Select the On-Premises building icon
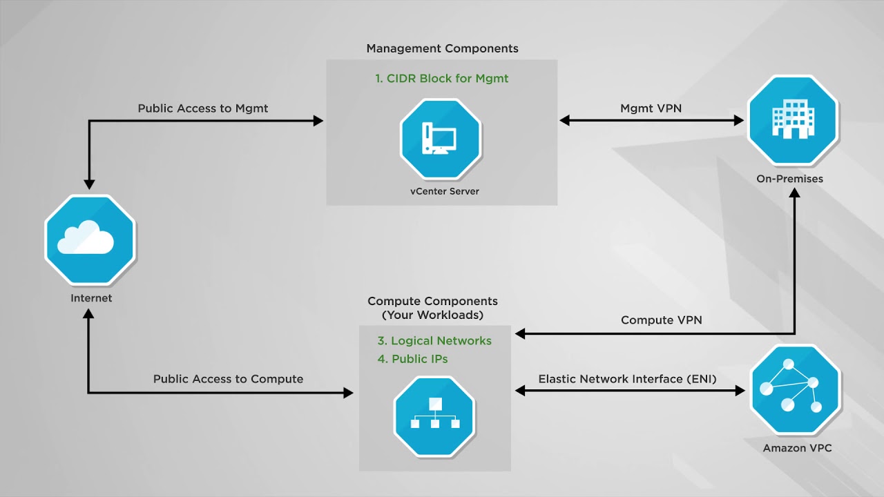pos(792,119)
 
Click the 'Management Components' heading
pos(442,48)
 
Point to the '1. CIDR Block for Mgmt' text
pos(442,79)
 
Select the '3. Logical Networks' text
pos(434,341)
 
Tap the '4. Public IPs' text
pos(413,359)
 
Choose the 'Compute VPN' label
pos(661,320)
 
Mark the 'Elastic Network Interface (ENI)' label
pos(627,379)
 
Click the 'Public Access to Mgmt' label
pos(203,108)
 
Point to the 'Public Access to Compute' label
pos(228,379)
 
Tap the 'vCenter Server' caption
pos(440,191)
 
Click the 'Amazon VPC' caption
pos(797,448)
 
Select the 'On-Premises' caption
pos(789,179)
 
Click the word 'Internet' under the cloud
pos(91,298)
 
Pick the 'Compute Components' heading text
pos(432,302)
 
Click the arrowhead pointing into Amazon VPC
pos(740,391)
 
